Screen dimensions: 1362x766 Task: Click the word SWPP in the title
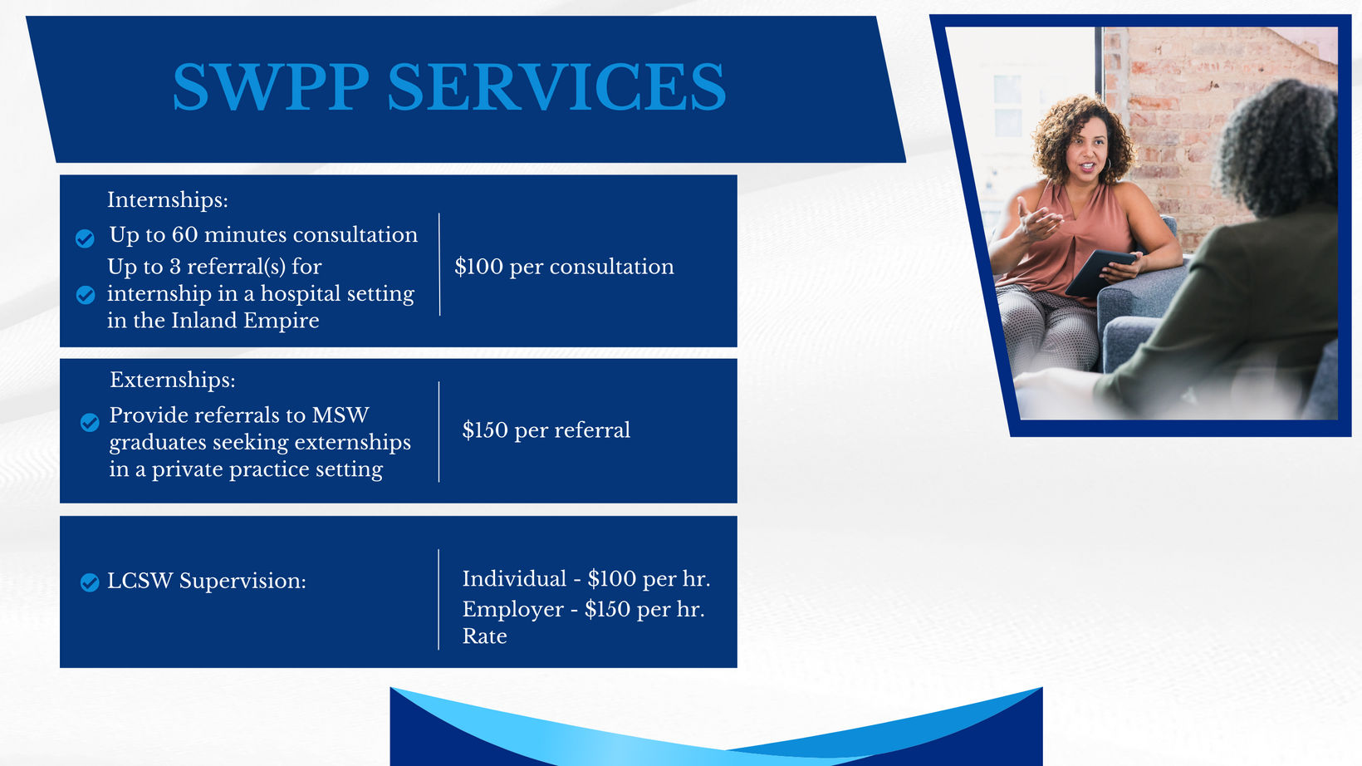[x=272, y=87]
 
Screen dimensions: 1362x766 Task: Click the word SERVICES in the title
[x=557, y=87]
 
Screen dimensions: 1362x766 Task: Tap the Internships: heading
[x=168, y=200]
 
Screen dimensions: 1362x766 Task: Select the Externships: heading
[x=173, y=381]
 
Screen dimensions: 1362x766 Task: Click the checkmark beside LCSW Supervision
[x=90, y=582]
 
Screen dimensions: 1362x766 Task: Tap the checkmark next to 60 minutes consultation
[x=85, y=238]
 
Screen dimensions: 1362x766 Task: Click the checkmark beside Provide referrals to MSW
[x=90, y=422]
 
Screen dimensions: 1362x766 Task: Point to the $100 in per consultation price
[x=479, y=267]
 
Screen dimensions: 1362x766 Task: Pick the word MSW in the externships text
[x=340, y=415]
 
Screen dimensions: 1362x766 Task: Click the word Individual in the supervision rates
[x=514, y=578]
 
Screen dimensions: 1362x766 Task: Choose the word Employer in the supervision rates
[x=513, y=610]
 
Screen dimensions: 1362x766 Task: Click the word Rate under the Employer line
[x=485, y=636]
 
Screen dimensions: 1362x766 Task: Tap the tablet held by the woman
[x=1100, y=273]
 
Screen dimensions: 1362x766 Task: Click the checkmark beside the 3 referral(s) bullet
[x=85, y=295]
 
